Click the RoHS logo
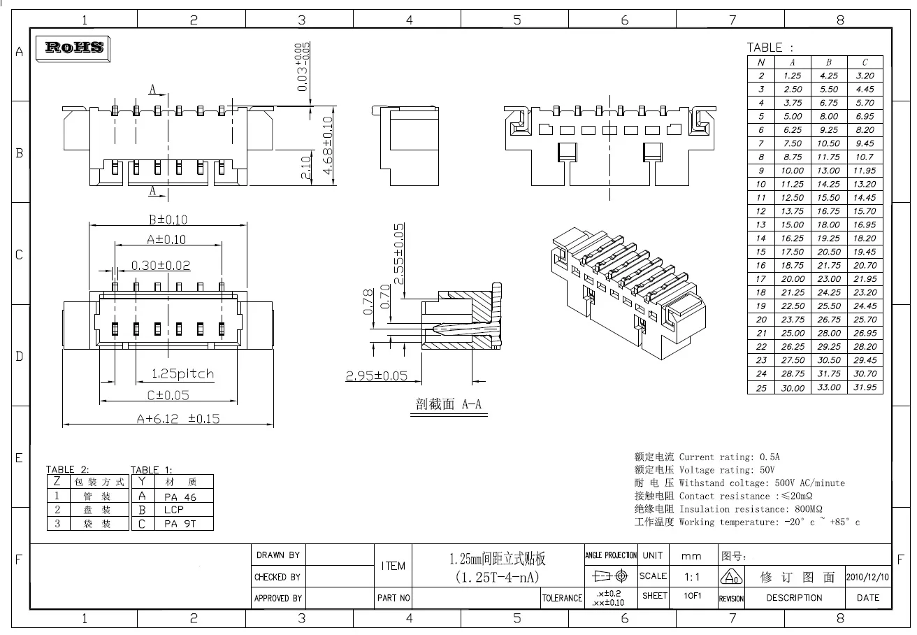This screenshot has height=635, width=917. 74,48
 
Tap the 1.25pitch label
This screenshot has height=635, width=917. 183,373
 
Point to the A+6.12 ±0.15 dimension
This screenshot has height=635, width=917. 178,419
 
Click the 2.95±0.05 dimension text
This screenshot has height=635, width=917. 377,376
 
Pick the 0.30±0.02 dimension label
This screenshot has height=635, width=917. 161,266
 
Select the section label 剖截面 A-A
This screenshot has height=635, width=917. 448,405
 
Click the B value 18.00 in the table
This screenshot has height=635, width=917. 828,225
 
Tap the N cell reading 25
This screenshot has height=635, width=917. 761,387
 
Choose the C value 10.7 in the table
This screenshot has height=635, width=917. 865,157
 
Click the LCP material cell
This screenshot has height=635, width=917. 174,510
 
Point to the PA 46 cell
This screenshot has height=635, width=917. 180,497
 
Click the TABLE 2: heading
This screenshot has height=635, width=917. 68,469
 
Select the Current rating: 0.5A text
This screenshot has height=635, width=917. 729,457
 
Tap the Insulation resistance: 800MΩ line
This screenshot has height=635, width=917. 750,509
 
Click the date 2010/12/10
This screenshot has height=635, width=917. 868,578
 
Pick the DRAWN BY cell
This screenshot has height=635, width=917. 278,555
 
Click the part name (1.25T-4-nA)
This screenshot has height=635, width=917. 497,578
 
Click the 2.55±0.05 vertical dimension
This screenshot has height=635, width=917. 399,253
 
